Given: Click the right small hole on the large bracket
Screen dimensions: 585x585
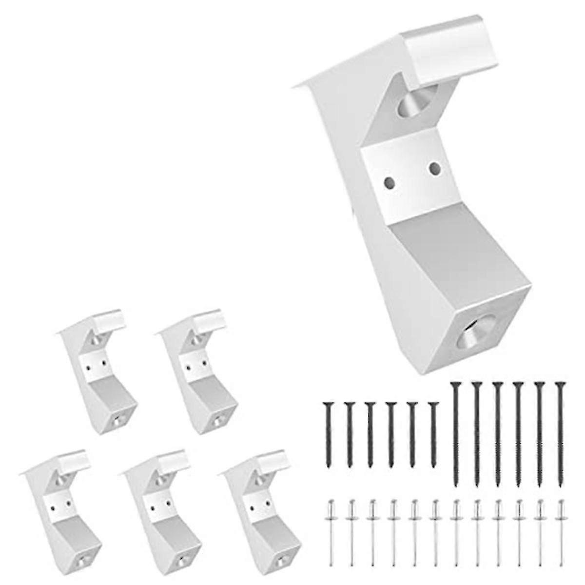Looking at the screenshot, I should pos(435,169).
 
